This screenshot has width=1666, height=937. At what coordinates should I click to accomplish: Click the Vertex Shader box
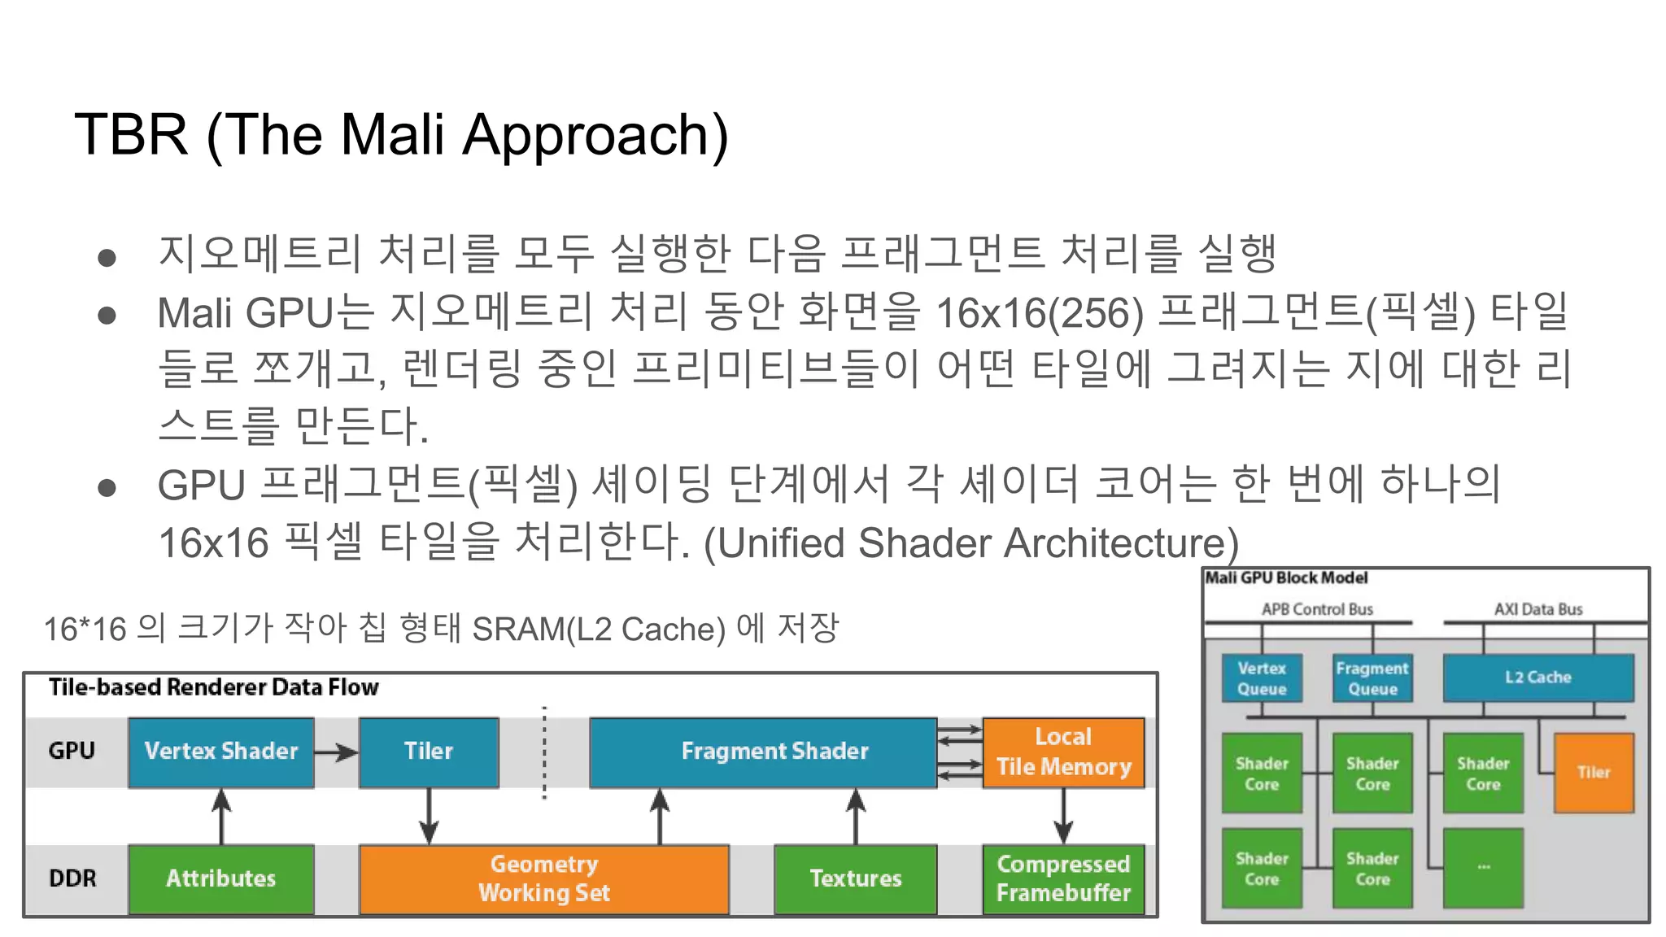tap(220, 752)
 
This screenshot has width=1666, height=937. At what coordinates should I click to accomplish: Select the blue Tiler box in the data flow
tap(429, 752)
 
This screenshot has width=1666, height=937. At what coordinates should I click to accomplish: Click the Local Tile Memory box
tap(1063, 752)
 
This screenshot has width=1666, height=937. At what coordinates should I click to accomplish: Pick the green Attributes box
tap(220, 878)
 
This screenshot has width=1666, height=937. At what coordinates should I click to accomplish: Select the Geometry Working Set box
tap(543, 878)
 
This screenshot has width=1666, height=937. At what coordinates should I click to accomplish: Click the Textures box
tap(855, 878)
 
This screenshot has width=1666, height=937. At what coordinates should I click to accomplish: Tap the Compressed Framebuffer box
tap(1063, 878)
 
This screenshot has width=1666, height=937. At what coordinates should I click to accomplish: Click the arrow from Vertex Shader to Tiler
tap(336, 752)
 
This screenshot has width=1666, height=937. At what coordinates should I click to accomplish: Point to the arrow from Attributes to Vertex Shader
tap(221, 817)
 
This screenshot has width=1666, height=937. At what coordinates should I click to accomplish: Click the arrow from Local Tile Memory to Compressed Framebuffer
tap(1063, 817)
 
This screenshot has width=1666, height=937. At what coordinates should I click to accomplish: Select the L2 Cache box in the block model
tap(1537, 678)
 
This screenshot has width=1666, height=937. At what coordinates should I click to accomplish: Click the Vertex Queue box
tap(1262, 678)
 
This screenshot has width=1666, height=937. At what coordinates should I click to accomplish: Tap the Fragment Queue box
tap(1372, 678)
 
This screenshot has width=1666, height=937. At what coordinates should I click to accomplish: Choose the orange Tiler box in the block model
tap(1594, 773)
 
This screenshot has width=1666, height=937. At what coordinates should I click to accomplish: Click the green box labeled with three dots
tap(1483, 868)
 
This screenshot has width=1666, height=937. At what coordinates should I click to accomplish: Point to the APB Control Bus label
tap(1317, 609)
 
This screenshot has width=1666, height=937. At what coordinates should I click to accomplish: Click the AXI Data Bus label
tap(1538, 609)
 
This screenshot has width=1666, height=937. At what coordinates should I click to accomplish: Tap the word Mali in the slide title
tap(393, 134)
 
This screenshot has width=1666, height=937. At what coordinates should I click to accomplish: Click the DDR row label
tap(72, 878)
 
